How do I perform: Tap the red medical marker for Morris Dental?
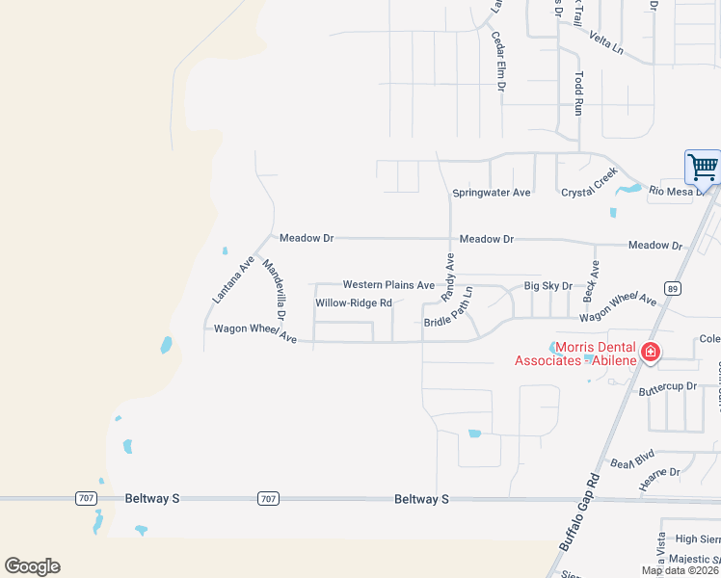click(x=652, y=353)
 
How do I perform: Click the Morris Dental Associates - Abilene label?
click(x=574, y=354)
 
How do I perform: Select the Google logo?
click(x=32, y=566)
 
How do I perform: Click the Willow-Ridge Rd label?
click(x=354, y=303)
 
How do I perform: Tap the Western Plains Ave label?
click(x=388, y=285)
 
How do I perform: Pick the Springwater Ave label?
click(x=492, y=193)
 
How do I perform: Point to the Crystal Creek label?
click(x=589, y=193)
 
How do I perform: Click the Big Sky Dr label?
click(x=547, y=286)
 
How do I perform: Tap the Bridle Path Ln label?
click(x=449, y=308)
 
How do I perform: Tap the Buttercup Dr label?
click(x=667, y=386)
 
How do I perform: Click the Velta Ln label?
click(x=606, y=43)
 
